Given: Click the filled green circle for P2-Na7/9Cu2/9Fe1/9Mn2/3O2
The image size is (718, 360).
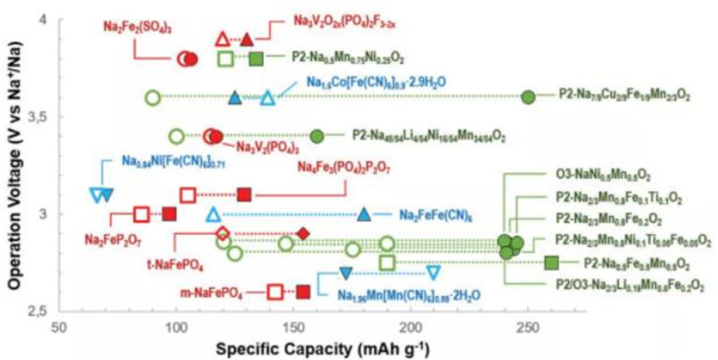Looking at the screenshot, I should click(528, 97).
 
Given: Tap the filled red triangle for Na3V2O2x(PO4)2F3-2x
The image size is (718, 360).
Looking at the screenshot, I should click(247, 39).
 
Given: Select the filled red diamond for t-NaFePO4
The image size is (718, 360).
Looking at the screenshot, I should click(303, 233).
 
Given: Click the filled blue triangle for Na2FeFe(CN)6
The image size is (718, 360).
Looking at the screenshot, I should click(364, 214).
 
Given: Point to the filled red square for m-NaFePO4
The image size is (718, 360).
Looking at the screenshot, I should click(303, 291).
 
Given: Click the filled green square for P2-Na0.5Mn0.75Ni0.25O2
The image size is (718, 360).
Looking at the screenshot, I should click(256, 58).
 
